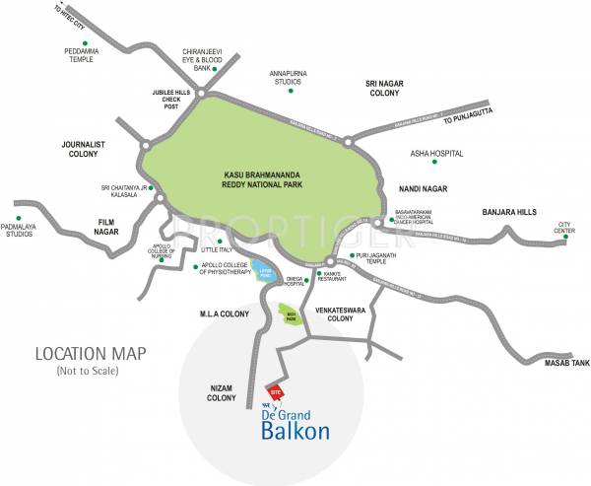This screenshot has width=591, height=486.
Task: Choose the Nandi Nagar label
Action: [423, 188]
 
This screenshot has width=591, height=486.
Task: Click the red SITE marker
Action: [277, 390]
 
